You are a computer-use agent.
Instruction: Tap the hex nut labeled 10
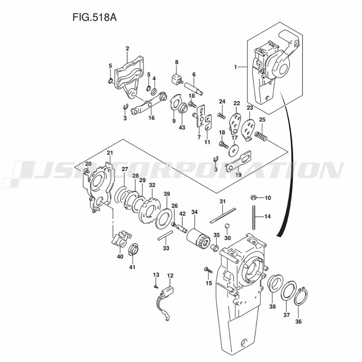coord(254,198)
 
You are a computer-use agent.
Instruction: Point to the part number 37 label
coord(286,315)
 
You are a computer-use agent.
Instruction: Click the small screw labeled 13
coord(156,286)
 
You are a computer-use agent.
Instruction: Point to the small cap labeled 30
coord(227,227)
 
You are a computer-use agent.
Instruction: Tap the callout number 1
coord(235,67)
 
